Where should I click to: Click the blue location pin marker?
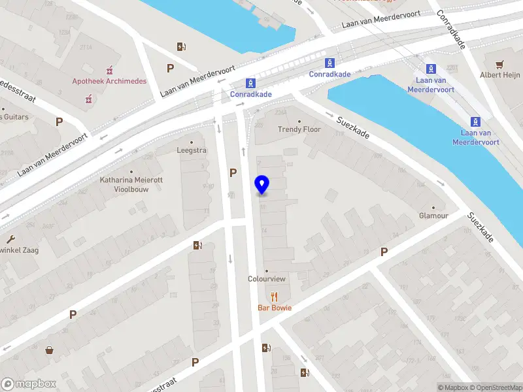point(262,185)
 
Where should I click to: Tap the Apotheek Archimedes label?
point(109,81)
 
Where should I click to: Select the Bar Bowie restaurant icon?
point(275,296)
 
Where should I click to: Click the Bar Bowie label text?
point(275,308)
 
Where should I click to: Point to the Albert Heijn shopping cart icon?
point(500,64)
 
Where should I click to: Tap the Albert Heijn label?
point(500,75)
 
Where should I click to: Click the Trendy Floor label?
point(299,129)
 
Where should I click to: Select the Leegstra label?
point(192,150)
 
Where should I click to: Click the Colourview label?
point(267,279)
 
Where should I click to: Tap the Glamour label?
point(433,216)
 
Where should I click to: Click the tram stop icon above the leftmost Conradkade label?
point(250,83)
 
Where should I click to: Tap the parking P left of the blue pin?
point(232,172)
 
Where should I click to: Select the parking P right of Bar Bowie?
point(384,252)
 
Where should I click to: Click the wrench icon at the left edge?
point(10,239)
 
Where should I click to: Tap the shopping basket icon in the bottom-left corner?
point(49,350)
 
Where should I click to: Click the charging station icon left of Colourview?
point(197,245)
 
